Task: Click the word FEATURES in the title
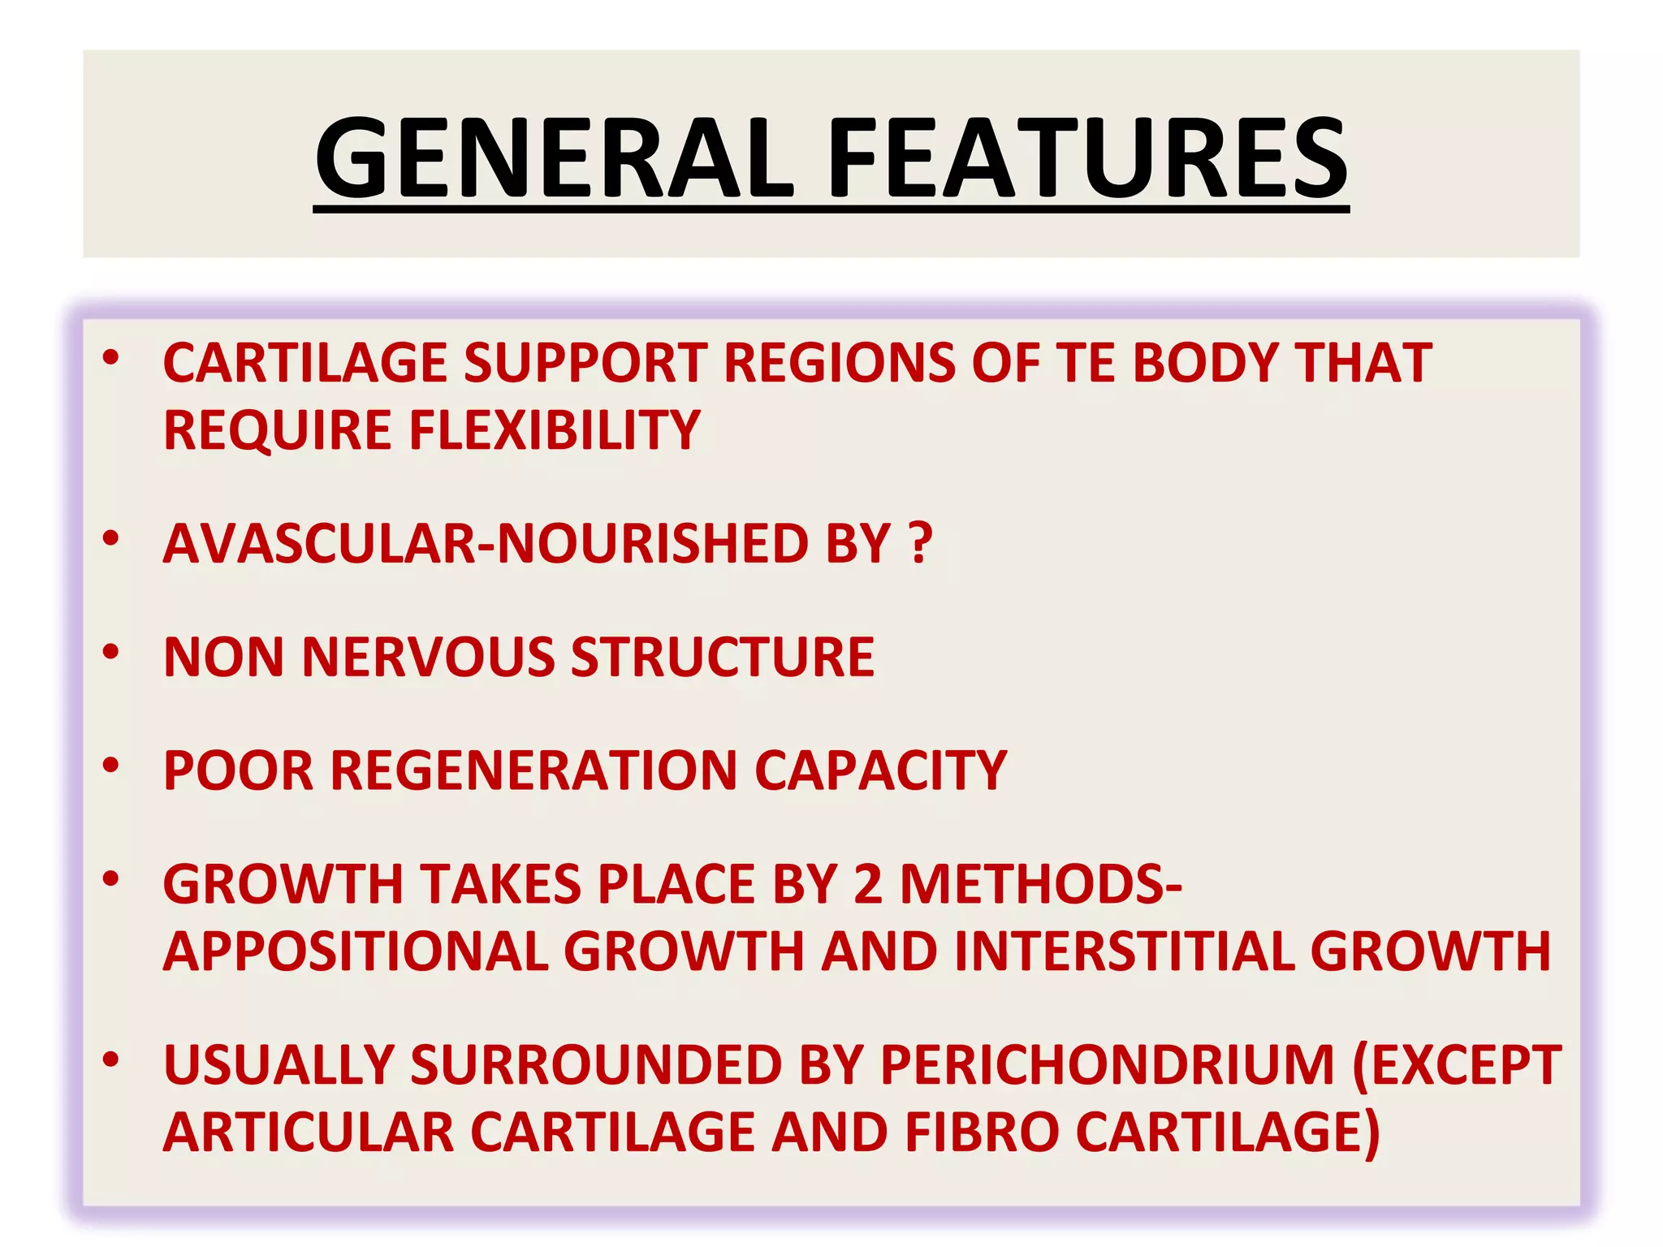(1087, 158)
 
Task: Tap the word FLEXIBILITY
(554, 429)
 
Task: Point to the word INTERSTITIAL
(1124, 951)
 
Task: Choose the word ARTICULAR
(309, 1132)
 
